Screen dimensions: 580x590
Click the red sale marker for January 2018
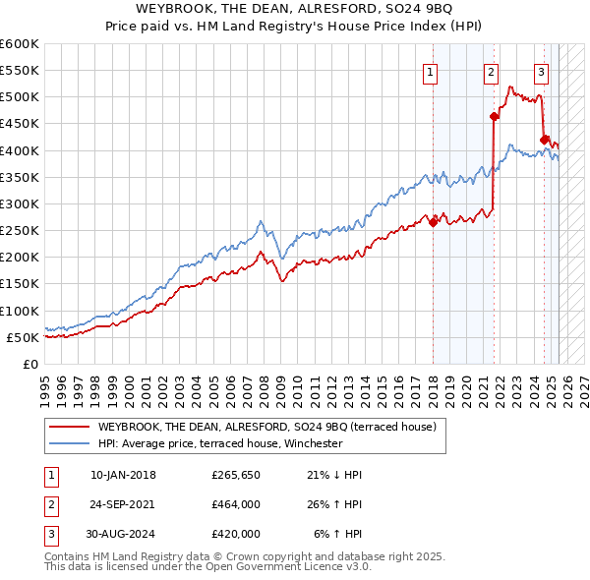tap(433, 222)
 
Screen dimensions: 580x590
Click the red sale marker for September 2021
tap(495, 116)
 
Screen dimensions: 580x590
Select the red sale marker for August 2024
tap(544, 139)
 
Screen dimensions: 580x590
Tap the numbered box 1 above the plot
tap(431, 71)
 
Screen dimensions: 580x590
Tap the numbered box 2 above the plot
tap(491, 71)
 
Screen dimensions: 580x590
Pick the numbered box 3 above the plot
tap(541, 71)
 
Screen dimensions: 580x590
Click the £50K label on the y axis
tap(23, 337)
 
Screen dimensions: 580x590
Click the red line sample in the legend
tap(69, 427)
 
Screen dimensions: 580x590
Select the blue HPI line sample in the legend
tap(69, 443)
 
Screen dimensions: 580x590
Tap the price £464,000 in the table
tap(235, 504)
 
